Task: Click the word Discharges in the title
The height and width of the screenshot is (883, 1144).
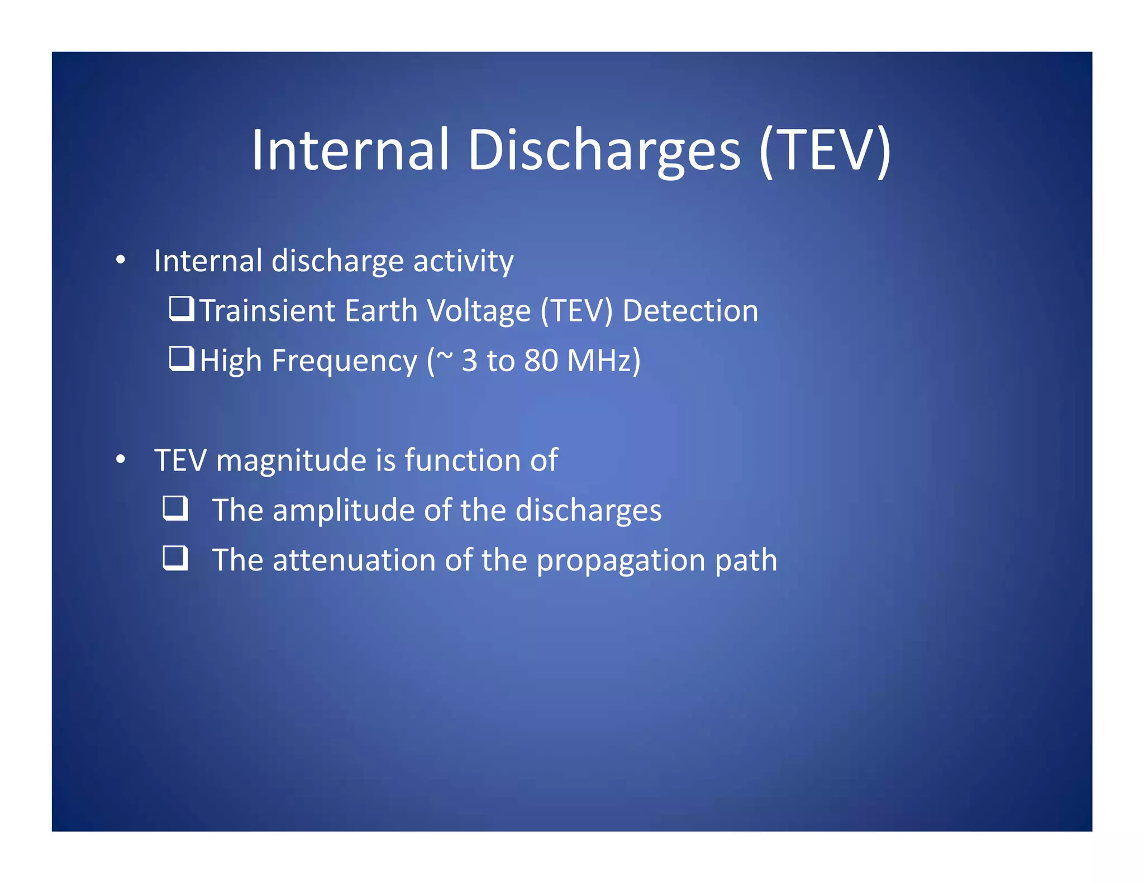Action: [x=604, y=150]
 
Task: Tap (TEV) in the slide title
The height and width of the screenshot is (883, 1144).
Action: [x=825, y=150]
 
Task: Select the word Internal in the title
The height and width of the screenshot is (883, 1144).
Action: [x=350, y=150]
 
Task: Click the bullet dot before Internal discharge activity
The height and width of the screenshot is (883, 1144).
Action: [x=121, y=260]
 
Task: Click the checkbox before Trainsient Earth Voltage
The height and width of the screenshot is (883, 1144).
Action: [x=182, y=309]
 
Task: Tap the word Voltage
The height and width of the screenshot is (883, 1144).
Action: [x=478, y=311]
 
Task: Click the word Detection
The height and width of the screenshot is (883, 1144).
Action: [x=690, y=310]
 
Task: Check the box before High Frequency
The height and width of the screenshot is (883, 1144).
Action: [x=182, y=358]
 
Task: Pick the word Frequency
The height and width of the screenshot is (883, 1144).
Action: [x=344, y=361]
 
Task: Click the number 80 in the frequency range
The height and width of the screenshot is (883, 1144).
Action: [x=541, y=361]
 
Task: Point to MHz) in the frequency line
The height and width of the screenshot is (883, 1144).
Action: [x=604, y=361]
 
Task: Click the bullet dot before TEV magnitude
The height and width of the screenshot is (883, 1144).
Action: [x=121, y=460]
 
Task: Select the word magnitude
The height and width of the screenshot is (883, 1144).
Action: [x=291, y=461]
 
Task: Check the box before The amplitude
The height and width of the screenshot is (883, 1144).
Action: [x=175, y=508]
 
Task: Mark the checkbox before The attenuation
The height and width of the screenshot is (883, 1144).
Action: [x=175, y=558]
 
